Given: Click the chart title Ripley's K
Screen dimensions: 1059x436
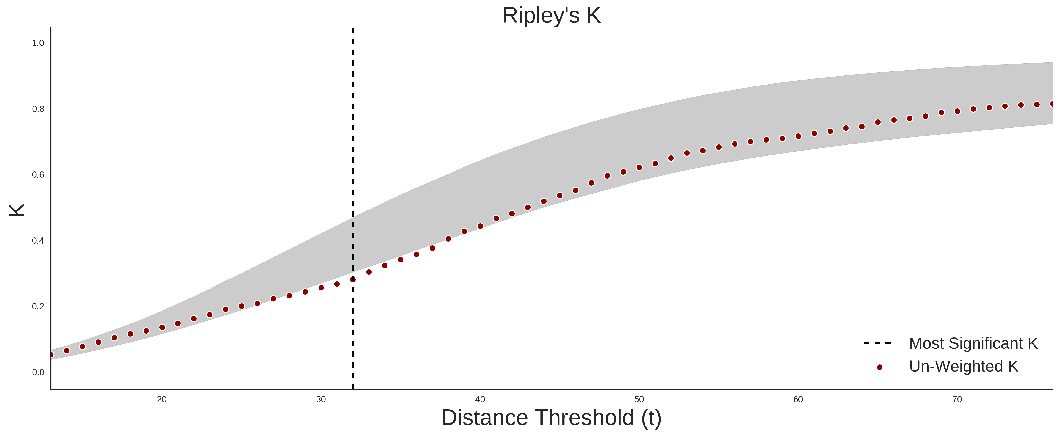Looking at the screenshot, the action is pyautogui.click(x=551, y=16).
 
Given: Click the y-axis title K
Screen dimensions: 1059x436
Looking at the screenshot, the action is pyautogui.click(x=17, y=210).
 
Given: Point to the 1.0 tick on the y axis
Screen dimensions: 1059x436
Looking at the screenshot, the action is pyautogui.click(x=38, y=43).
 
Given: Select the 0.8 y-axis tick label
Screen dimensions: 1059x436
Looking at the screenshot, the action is pyautogui.click(x=38, y=109).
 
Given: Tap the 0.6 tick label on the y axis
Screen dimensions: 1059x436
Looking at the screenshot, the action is pyautogui.click(x=38, y=175).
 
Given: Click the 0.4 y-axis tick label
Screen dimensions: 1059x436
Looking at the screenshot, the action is pyautogui.click(x=38, y=241).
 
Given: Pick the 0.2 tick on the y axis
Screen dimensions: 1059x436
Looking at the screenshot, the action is pyautogui.click(x=38, y=306).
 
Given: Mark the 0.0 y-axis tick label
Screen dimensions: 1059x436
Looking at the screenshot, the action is pyautogui.click(x=38, y=372).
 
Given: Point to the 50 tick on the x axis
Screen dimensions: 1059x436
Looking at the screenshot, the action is pyautogui.click(x=639, y=399).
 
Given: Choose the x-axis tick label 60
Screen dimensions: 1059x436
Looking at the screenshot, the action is pyautogui.click(x=798, y=399).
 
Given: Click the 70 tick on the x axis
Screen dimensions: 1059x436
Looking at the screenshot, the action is pyautogui.click(x=957, y=399).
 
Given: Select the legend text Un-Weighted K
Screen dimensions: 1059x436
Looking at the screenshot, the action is pyautogui.click(x=964, y=366).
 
